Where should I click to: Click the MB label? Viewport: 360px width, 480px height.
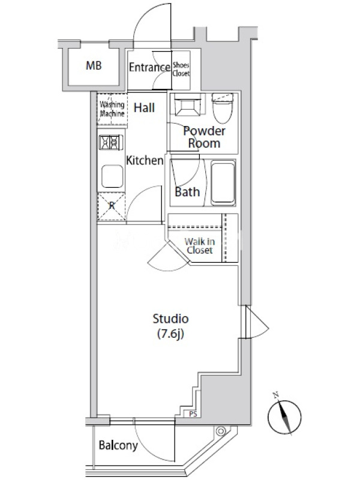[94, 65]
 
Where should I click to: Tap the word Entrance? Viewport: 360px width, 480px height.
[149, 67]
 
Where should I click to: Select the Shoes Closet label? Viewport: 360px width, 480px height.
[181, 69]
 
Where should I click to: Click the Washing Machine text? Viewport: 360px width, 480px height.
[112, 109]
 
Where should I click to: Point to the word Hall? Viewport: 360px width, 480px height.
[144, 107]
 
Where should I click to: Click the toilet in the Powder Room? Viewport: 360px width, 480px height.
[223, 108]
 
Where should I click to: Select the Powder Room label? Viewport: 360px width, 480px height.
[204, 137]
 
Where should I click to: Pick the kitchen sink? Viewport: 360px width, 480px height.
[112, 176]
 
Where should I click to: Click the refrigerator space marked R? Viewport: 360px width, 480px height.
[112, 206]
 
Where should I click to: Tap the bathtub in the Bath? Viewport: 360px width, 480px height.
[223, 183]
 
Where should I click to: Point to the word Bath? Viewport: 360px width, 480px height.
[187, 191]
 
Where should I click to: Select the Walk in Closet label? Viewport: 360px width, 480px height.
[200, 246]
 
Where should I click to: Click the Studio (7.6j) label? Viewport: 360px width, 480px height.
[170, 326]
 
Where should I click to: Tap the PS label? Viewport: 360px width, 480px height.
[193, 415]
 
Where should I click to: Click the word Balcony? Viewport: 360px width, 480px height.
[118, 445]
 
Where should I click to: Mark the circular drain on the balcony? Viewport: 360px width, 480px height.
[220, 431]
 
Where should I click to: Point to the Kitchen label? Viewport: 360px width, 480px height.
[145, 160]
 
